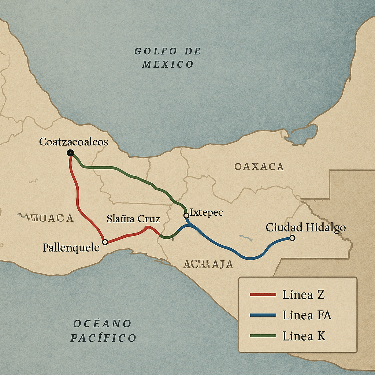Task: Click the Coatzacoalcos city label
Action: pyautogui.click(x=74, y=142)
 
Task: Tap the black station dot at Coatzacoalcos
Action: pyautogui.click(x=70, y=153)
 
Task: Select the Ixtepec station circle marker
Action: pyautogui.click(x=186, y=215)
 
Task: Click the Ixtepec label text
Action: pyautogui.click(x=206, y=213)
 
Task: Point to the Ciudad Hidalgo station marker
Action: pyautogui.click(x=292, y=238)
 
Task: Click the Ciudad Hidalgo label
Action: pyautogui.click(x=305, y=227)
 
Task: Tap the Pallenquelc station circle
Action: pyautogui.click(x=105, y=242)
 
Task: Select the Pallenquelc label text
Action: pyautogui.click(x=71, y=248)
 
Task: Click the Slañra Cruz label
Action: pyautogui.click(x=133, y=219)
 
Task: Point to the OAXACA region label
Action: pyautogui.click(x=259, y=167)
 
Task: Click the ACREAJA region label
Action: pyautogui.click(x=208, y=264)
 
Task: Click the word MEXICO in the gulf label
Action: pyautogui.click(x=168, y=64)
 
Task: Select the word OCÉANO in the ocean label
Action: pyautogui.click(x=102, y=324)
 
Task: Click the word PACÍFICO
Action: pyautogui.click(x=103, y=338)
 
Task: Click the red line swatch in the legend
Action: pyautogui.click(x=263, y=294)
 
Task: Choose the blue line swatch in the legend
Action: pyautogui.click(x=263, y=315)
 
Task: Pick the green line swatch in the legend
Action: pyautogui.click(x=263, y=336)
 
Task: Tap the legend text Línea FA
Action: pyautogui.click(x=307, y=315)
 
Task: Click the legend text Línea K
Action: pyautogui.click(x=304, y=336)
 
